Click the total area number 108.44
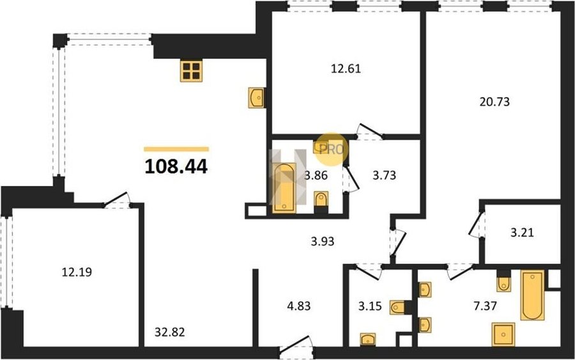coord(176,167)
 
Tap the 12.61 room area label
coord(346,68)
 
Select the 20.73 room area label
coord(494,102)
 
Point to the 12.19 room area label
coord(77,272)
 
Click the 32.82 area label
coord(170,332)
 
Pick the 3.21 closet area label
coord(522,232)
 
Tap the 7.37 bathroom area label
coord(485,306)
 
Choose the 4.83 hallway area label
coord(299,306)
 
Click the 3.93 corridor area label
coord(323,242)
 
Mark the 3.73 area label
coord(385,175)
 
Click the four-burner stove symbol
coord(192,70)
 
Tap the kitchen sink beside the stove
coord(256,98)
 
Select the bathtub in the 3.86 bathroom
coord(284,187)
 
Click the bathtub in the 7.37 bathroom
coord(532,295)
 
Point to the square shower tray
coord(503,334)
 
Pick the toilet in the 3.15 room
coord(398,307)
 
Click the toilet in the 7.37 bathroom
coord(504,283)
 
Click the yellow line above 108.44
coord(176,149)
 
